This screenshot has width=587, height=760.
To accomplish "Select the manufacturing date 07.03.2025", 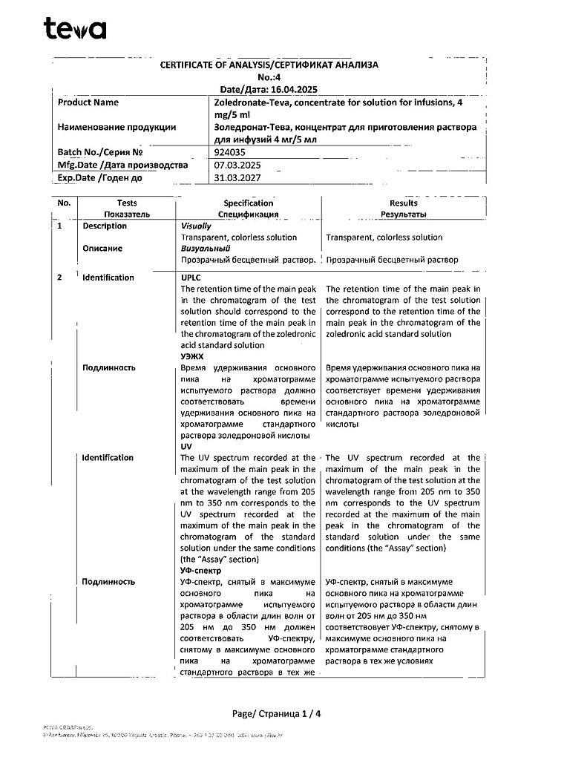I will [235, 165].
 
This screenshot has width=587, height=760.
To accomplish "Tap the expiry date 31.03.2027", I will [235, 178].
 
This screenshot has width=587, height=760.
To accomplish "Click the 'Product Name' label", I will [88, 102].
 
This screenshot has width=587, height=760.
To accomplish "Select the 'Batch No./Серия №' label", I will [99, 151].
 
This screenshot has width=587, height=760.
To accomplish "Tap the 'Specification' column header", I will [249, 203].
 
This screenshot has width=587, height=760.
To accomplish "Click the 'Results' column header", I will [403, 203].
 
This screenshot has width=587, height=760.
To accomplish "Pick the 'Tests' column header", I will [127, 203].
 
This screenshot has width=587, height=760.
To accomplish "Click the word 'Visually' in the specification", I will [196, 226].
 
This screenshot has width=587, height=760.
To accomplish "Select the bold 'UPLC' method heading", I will [192, 277].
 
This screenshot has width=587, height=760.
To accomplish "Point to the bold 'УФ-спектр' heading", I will [202, 571].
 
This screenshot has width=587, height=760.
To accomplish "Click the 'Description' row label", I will [105, 226].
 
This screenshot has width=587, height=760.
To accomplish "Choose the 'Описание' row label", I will [102, 249].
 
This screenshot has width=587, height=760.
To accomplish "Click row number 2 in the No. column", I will [60, 278].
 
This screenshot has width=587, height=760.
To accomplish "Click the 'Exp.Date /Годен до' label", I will [99, 178].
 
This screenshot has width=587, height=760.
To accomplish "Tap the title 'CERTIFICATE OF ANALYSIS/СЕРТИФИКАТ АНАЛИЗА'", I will [269, 65].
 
